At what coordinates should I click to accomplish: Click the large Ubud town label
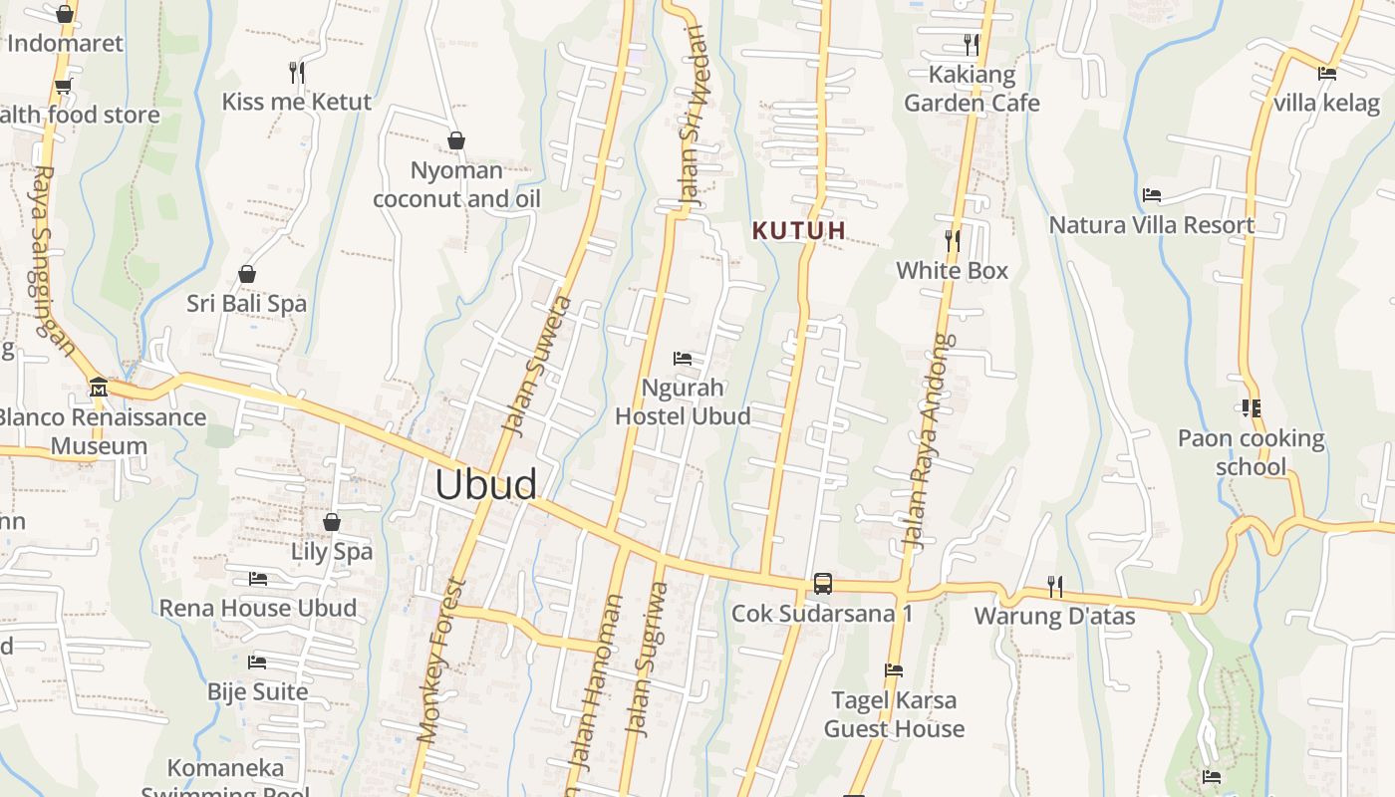click(486, 484)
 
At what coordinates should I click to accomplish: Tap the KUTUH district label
click(799, 231)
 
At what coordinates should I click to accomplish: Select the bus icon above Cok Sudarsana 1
click(823, 584)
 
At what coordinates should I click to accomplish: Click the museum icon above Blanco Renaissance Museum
click(98, 387)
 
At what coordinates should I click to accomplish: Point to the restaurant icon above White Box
click(953, 240)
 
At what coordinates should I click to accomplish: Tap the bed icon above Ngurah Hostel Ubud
click(683, 359)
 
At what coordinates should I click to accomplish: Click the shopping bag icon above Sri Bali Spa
click(247, 274)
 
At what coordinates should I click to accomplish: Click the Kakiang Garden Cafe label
click(972, 89)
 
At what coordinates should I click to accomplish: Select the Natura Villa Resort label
click(1151, 225)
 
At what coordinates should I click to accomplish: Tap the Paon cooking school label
click(1251, 452)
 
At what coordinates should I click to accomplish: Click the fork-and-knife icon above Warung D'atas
click(1054, 586)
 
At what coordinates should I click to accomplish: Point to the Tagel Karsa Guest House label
click(894, 714)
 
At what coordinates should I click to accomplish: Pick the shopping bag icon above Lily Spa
click(332, 522)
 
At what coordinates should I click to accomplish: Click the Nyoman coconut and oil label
click(456, 184)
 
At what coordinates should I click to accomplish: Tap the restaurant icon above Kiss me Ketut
click(296, 72)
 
